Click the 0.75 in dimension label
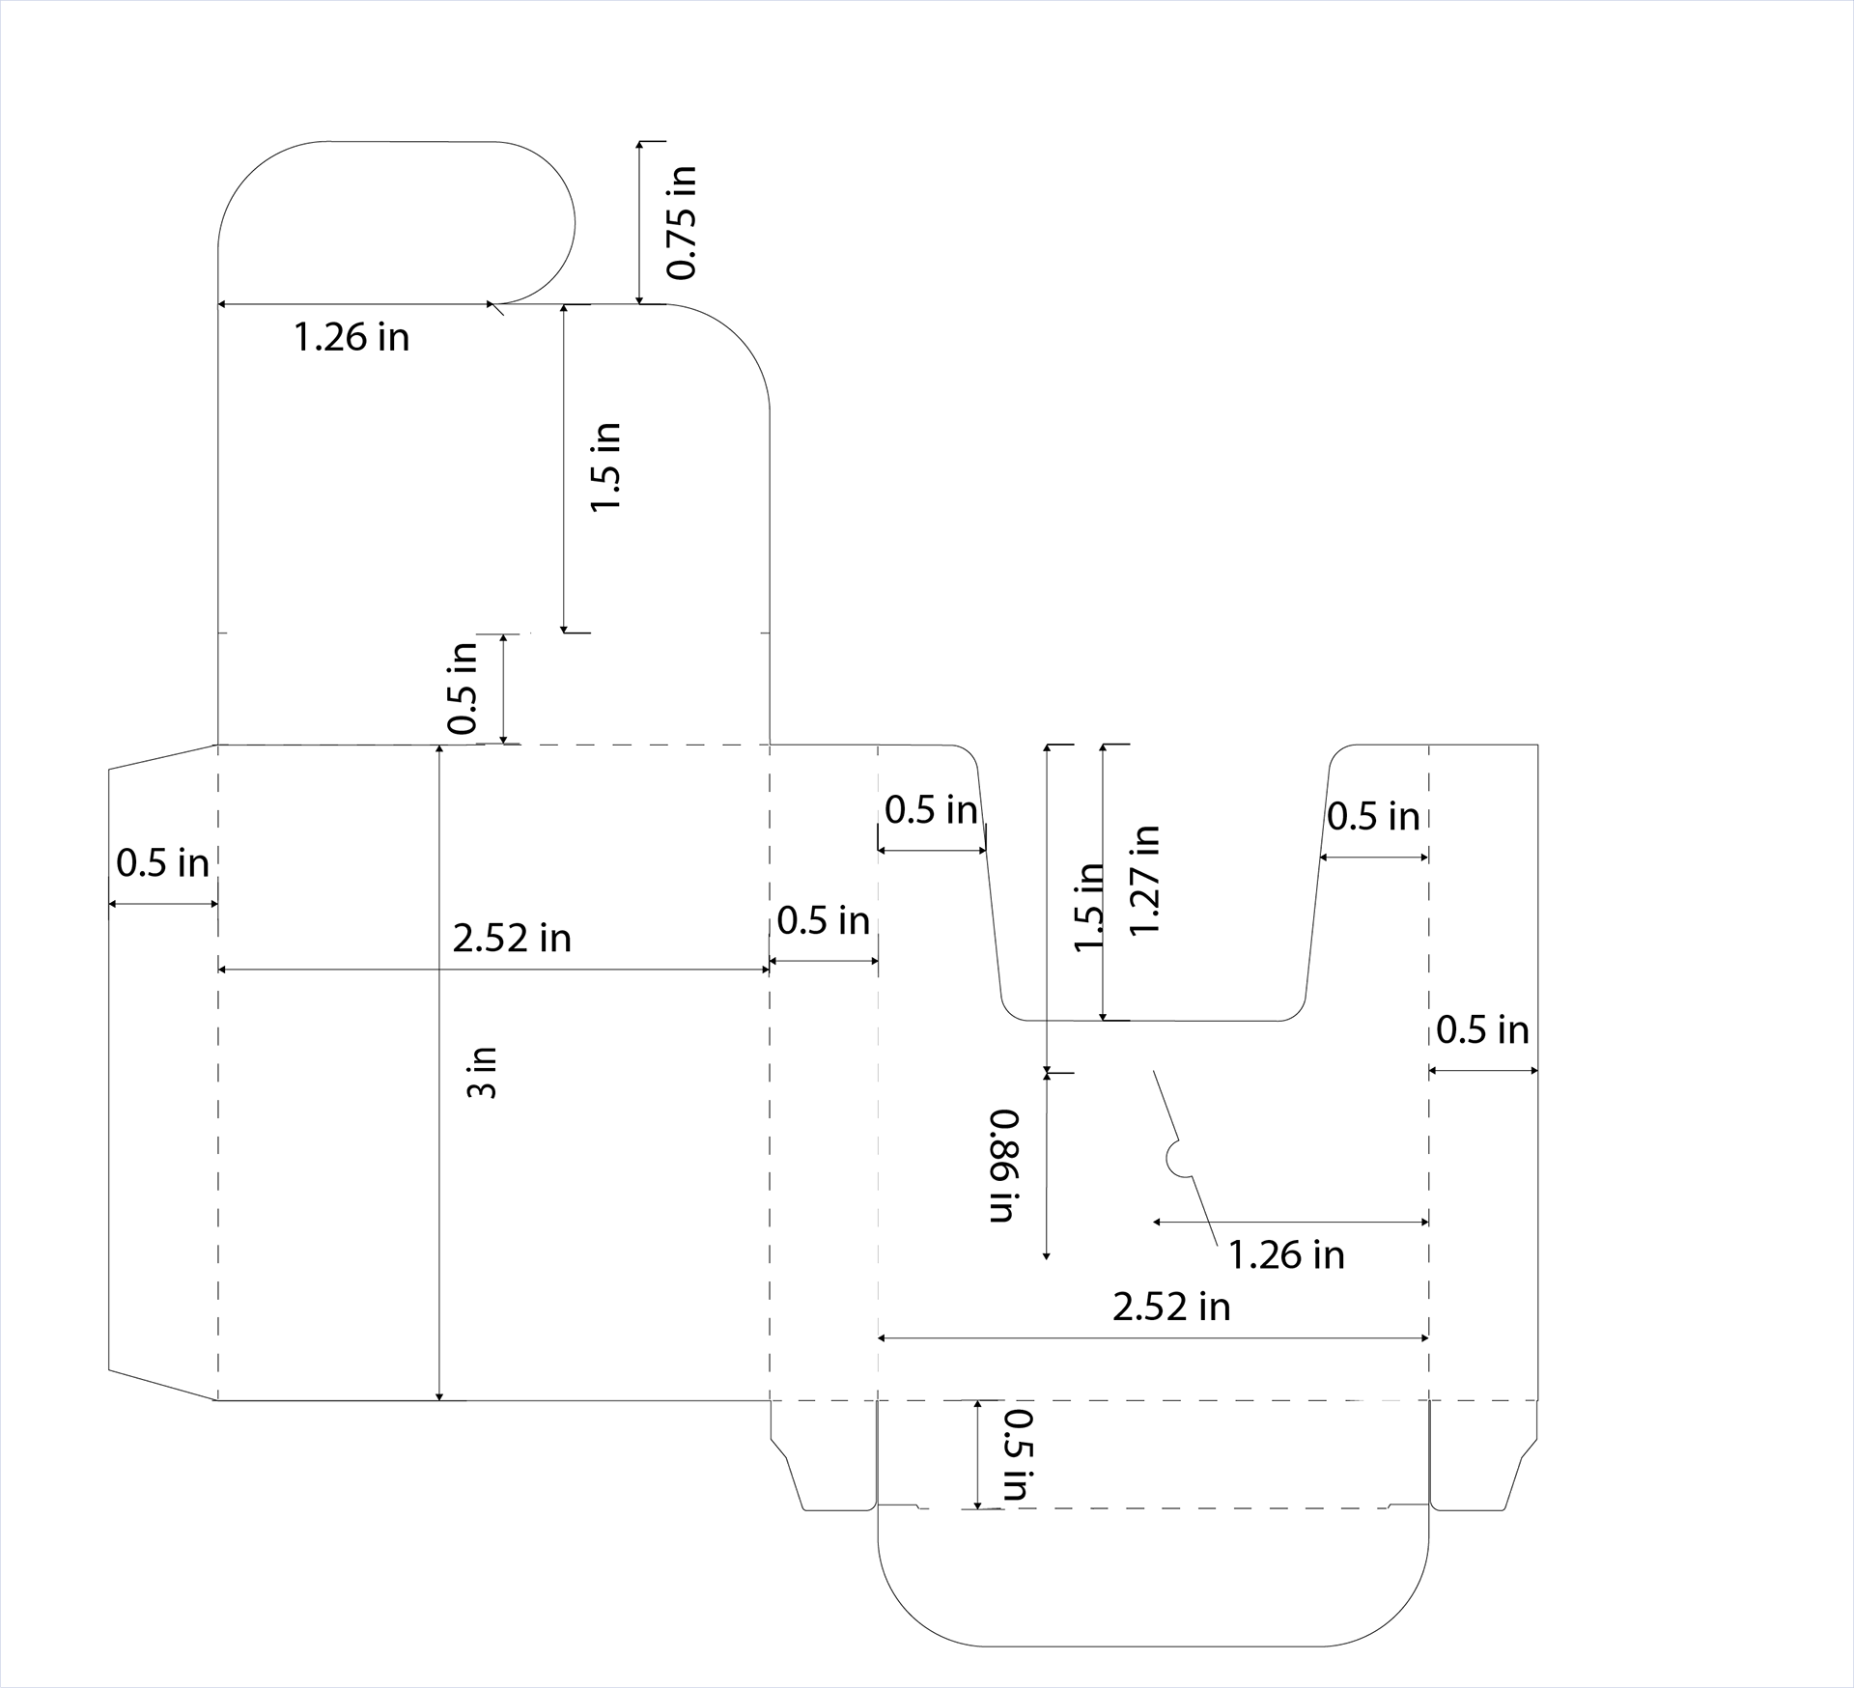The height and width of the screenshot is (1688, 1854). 682,223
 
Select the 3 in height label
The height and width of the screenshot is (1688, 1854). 482,1072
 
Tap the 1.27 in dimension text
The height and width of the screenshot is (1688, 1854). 1144,880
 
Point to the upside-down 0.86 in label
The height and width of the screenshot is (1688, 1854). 1003,1166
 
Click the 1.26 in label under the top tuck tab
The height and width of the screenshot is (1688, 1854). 351,338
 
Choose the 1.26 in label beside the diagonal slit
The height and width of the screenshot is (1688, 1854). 1286,1255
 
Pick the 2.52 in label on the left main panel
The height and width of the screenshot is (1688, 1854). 512,939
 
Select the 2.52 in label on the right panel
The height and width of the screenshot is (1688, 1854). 1171,1308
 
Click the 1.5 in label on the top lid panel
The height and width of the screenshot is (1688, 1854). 605,467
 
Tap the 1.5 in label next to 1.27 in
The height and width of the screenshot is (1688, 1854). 1088,907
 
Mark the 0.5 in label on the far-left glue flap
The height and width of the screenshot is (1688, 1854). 162,863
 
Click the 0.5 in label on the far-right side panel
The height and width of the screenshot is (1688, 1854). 1482,1030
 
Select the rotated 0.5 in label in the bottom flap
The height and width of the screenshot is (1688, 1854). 1017,1455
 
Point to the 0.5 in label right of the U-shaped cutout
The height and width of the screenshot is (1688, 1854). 1373,817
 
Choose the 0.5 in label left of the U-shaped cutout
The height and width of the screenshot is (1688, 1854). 931,810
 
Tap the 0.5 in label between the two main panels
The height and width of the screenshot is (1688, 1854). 823,921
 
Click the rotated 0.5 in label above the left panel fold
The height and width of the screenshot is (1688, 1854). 463,688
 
